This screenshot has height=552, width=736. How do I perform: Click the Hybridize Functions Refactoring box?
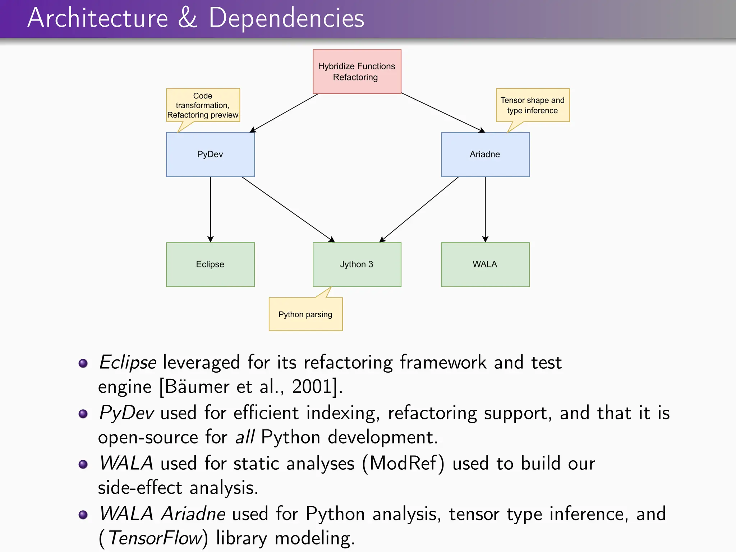click(x=356, y=72)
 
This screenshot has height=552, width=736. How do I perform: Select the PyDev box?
click(x=210, y=155)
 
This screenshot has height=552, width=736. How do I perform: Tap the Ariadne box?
click(x=485, y=155)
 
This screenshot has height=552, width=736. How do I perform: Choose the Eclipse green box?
click(x=210, y=264)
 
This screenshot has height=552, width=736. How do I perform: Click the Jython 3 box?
click(x=356, y=264)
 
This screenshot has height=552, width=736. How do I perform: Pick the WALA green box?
click(x=485, y=264)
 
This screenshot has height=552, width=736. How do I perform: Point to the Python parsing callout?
click(x=305, y=314)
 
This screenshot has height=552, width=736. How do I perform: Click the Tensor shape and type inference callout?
click(x=533, y=105)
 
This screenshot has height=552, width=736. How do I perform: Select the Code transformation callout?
click(x=203, y=105)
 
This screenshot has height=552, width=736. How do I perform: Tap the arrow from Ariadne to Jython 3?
click(x=419, y=209)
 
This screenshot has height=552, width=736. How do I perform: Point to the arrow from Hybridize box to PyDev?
click(x=284, y=113)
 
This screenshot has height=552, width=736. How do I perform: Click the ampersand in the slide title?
click(x=188, y=18)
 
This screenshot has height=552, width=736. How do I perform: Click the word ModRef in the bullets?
click(x=402, y=463)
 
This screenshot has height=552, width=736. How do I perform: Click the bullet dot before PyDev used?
click(x=83, y=414)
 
